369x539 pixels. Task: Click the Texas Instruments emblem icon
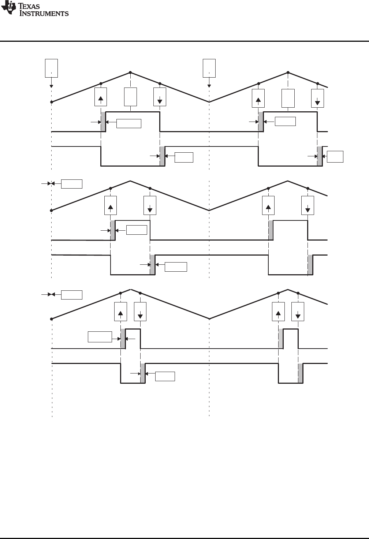(x=8, y=8)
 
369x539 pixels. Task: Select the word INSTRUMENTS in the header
(x=44, y=14)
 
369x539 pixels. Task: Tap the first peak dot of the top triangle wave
(x=130, y=72)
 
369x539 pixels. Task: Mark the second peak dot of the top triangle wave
(x=288, y=72)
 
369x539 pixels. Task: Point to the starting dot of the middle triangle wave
(x=52, y=211)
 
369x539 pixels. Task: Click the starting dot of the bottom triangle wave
(x=52, y=319)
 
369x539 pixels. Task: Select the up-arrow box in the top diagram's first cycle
(x=101, y=97)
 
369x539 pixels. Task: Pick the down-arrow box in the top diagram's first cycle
(x=160, y=97)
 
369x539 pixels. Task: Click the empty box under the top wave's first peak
(x=130, y=97)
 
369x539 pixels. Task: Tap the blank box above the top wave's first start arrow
(x=51, y=68)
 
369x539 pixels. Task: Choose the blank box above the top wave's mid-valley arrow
(x=209, y=68)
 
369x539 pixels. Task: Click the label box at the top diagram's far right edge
(x=335, y=156)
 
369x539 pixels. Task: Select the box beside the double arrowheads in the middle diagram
(x=71, y=183)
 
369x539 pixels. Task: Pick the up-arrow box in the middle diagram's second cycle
(x=268, y=205)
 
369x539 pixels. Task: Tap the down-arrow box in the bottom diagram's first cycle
(x=140, y=312)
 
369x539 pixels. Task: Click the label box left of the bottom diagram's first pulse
(x=100, y=337)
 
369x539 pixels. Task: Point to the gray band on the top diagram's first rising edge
(x=103, y=122)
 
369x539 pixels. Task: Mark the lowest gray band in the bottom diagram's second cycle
(x=301, y=373)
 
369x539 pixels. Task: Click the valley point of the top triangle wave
(x=209, y=102)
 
